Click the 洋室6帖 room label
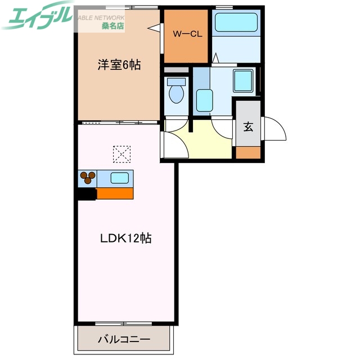pyautogui.click(x=119, y=65)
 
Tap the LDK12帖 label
pyautogui.click(x=126, y=238)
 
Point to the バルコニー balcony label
pyautogui.click(x=124, y=339)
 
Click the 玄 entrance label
pyautogui.click(x=247, y=126)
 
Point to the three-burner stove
pyautogui.click(x=88, y=178)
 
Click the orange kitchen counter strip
pyautogui.click(x=115, y=193)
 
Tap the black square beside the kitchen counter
pyautogui.click(x=87, y=193)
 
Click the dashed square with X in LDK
pyautogui.click(x=121, y=153)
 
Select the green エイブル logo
pyautogui.click(x=37, y=17)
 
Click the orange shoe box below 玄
pyautogui.click(x=248, y=152)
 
